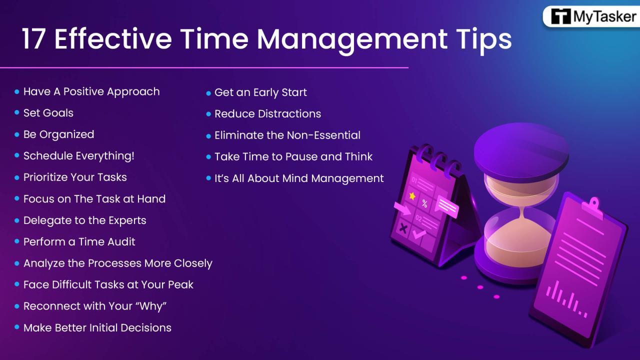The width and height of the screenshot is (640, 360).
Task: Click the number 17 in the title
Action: (34, 39)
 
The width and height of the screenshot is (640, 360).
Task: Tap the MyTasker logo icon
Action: (560, 16)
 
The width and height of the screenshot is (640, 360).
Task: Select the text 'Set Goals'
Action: (48, 113)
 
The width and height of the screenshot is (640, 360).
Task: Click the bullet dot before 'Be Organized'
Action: (17, 134)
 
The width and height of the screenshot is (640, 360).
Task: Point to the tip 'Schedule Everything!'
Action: (79, 156)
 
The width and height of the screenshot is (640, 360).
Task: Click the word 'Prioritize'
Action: (47, 177)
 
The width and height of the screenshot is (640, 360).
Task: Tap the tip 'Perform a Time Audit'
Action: (79, 242)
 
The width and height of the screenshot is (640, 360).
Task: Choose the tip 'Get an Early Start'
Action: (260, 92)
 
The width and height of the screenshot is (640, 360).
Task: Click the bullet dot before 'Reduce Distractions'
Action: (209, 114)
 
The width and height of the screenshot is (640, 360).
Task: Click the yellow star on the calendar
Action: (412, 196)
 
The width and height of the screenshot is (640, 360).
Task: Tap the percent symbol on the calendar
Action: (424, 203)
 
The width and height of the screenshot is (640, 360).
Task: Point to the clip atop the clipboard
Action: (593, 205)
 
